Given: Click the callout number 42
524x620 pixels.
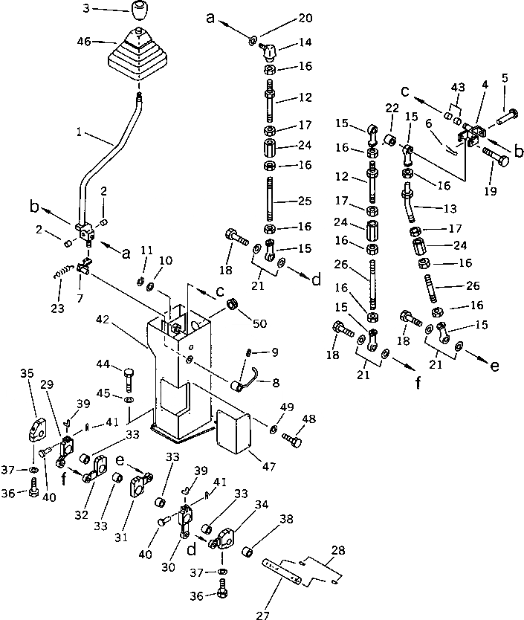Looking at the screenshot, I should (102, 320).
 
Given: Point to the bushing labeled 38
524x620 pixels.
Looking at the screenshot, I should (249, 554).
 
